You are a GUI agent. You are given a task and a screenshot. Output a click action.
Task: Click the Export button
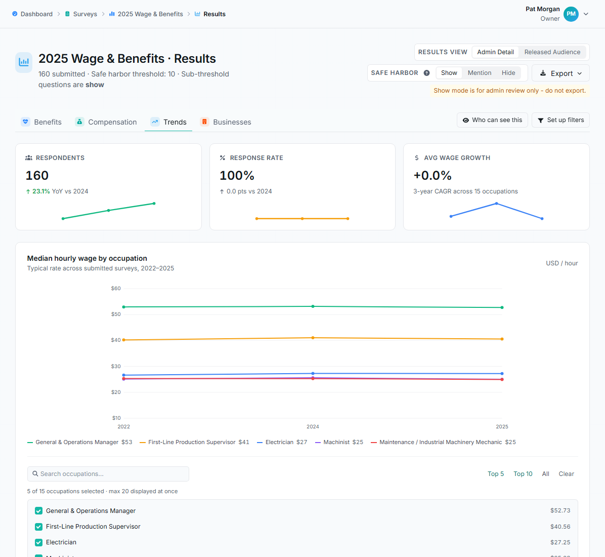[x=560, y=73]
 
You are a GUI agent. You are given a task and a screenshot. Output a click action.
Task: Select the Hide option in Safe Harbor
[x=508, y=72]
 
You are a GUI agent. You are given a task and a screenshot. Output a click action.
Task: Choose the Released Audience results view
[x=552, y=52]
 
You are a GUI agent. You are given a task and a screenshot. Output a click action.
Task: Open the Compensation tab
[x=106, y=122]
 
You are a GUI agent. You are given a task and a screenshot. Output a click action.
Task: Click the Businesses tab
[x=226, y=122]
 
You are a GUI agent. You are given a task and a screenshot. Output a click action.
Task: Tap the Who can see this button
[x=492, y=120]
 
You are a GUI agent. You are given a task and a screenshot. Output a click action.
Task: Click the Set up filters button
[x=560, y=120]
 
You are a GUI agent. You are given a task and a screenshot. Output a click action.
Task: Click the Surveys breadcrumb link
[x=81, y=14]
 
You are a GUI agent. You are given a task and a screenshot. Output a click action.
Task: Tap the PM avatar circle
[x=571, y=14]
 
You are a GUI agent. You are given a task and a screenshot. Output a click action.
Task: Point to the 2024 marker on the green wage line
[x=313, y=306]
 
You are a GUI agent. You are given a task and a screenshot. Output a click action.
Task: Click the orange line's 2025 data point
[x=502, y=339]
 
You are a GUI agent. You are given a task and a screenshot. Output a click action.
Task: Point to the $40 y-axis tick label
[x=116, y=340]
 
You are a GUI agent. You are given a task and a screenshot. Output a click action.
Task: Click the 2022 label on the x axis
[x=123, y=426]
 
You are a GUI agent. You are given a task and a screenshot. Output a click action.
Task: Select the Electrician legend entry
[x=282, y=442]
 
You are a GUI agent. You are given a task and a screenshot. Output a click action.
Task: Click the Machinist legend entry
[x=339, y=442]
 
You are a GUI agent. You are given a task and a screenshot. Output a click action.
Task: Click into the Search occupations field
[x=108, y=474]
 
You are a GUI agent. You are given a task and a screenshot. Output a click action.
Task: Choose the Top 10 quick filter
[x=523, y=474]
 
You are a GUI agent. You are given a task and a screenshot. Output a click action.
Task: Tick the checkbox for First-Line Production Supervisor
[x=38, y=527]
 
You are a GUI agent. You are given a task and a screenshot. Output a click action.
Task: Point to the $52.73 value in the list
[x=560, y=510]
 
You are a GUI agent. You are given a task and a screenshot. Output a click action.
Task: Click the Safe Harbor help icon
[x=427, y=73]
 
